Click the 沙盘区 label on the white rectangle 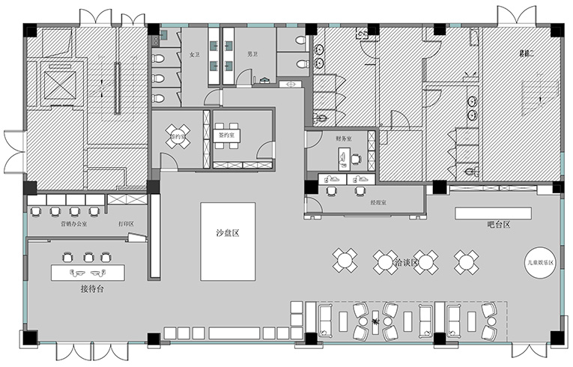point(227,233)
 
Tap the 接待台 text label point(91,288)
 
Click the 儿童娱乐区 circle point(540,262)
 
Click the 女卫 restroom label point(194,54)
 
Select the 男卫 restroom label point(252,54)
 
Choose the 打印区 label point(126,223)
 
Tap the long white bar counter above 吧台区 point(493,213)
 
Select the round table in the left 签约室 point(178,136)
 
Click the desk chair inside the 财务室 point(355,158)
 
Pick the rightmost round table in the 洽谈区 point(466,261)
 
